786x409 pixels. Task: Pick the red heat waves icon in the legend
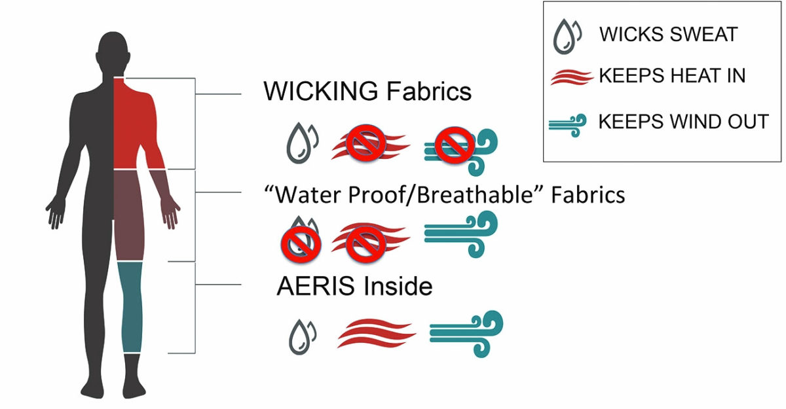pyautogui.click(x=571, y=77)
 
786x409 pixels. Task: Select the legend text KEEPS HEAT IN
pyautogui.click(x=672, y=77)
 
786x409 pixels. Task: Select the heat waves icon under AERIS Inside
pyautogui.click(x=376, y=334)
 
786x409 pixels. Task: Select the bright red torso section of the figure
pyautogui.click(x=134, y=124)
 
